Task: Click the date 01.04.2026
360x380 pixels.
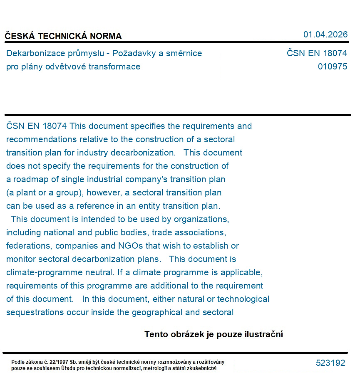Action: (325, 35)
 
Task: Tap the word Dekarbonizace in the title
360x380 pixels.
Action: (32, 53)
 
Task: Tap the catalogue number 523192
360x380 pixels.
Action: (330, 363)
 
